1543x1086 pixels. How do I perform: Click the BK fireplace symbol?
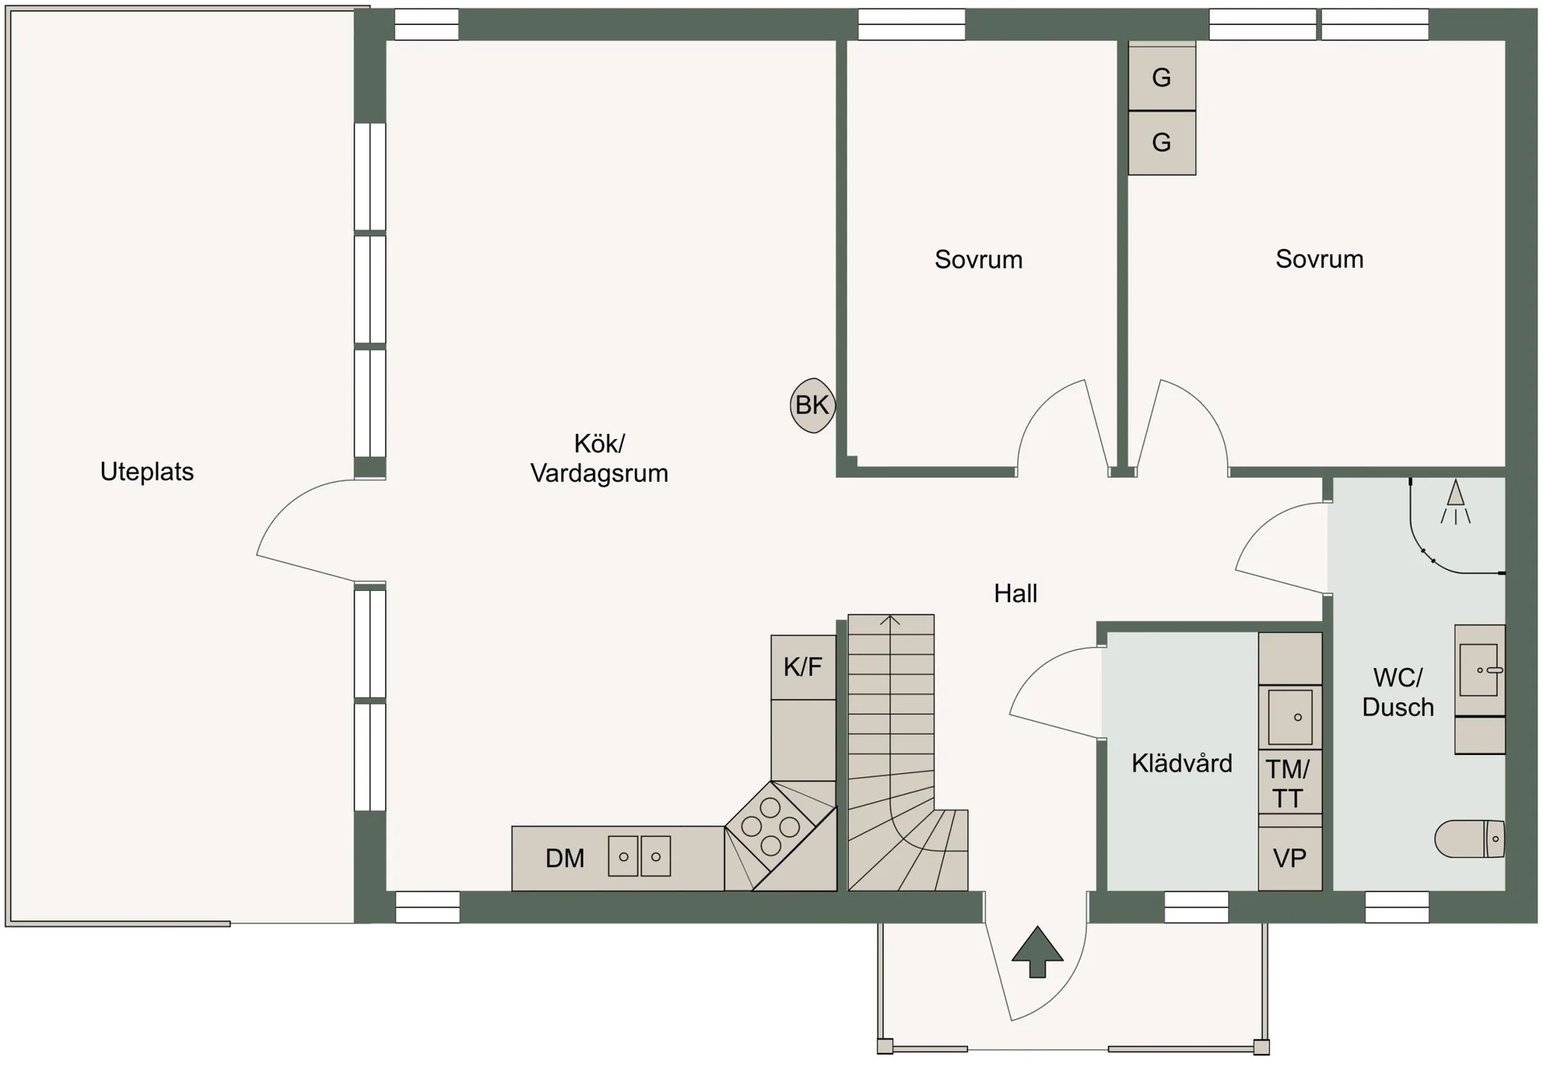tap(812, 406)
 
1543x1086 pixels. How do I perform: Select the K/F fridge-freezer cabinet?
tap(803, 667)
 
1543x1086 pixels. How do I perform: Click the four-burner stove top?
tap(771, 826)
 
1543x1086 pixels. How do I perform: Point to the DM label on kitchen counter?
tap(565, 859)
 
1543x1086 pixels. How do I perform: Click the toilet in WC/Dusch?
tap(1470, 839)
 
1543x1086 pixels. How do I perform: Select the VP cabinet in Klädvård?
tap(1290, 859)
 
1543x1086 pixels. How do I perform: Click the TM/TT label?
tap(1288, 784)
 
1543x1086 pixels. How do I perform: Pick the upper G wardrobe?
tap(1161, 77)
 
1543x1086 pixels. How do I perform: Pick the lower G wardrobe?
tap(1161, 142)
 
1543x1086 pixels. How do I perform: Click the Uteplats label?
tap(147, 472)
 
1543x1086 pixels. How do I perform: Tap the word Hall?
tap(1015, 594)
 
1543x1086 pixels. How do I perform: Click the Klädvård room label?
tap(1181, 763)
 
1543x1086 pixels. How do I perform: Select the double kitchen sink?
tap(639, 856)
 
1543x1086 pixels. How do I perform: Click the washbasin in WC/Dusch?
tap(1480, 670)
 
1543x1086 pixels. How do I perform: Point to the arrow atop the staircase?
tap(890, 621)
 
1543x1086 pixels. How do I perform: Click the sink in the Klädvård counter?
tap(1290, 716)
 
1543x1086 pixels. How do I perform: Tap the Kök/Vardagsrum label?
tap(599, 458)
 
